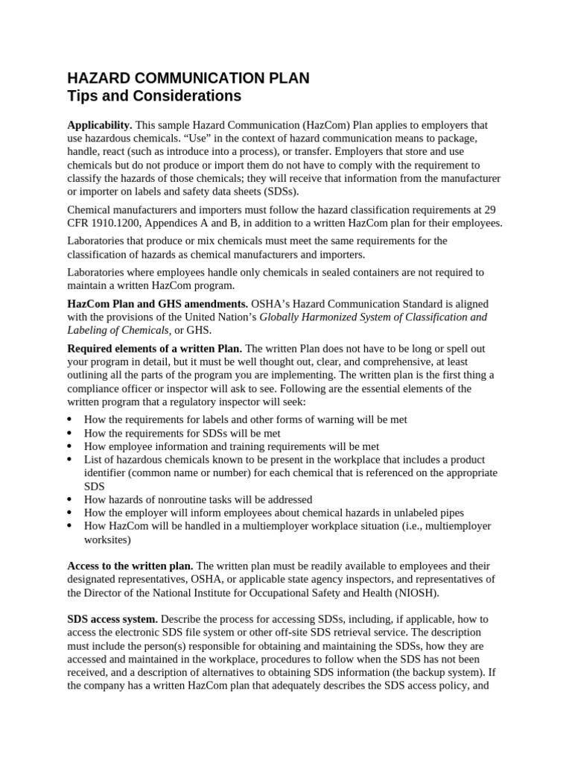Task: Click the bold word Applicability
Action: click(100, 125)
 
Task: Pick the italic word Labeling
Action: click(89, 330)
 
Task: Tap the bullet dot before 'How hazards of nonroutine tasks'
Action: click(70, 500)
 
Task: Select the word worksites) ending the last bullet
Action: click(107, 539)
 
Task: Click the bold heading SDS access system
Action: click(112, 619)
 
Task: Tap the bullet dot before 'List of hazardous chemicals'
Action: click(70, 460)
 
